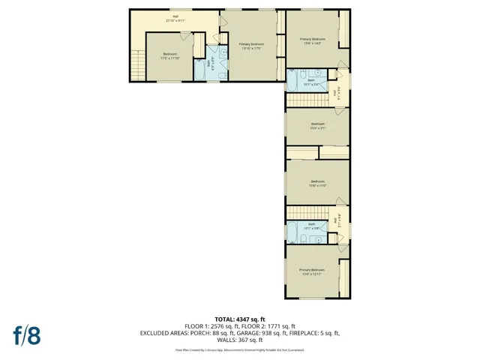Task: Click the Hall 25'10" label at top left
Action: (175, 19)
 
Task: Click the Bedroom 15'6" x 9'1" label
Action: (317, 125)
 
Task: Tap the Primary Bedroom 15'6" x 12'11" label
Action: (313, 271)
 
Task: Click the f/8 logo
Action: (25, 334)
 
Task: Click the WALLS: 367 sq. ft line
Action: (239, 340)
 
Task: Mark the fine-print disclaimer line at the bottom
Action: (239, 349)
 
